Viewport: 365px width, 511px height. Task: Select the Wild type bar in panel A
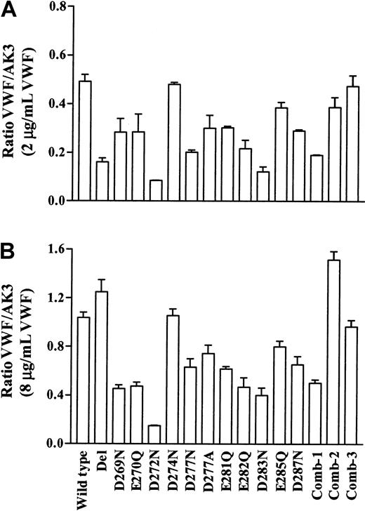point(85,141)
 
